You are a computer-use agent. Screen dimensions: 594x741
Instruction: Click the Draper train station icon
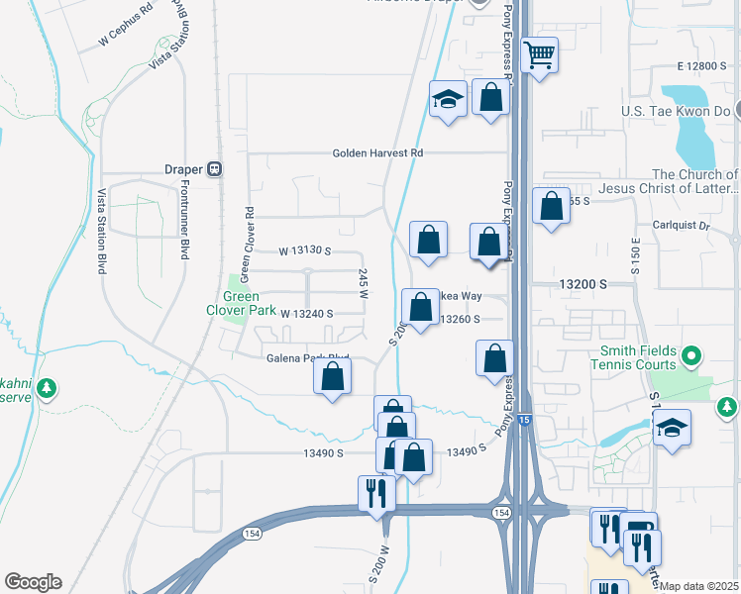tap(214, 169)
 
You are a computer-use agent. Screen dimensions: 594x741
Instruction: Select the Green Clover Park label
tap(240, 303)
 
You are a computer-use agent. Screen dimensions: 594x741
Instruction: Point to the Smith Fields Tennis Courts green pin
tap(692, 354)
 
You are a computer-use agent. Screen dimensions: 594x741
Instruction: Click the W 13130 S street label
tap(304, 251)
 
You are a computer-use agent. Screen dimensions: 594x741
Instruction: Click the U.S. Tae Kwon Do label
tap(676, 111)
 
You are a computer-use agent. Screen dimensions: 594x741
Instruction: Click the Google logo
tap(33, 582)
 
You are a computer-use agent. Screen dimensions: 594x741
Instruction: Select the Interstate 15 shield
tap(524, 421)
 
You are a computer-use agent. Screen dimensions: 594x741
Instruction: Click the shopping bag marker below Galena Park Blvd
tap(333, 376)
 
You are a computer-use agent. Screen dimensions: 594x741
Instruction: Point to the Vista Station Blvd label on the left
tap(101, 233)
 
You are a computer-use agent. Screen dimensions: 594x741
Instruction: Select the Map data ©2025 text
tap(699, 586)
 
